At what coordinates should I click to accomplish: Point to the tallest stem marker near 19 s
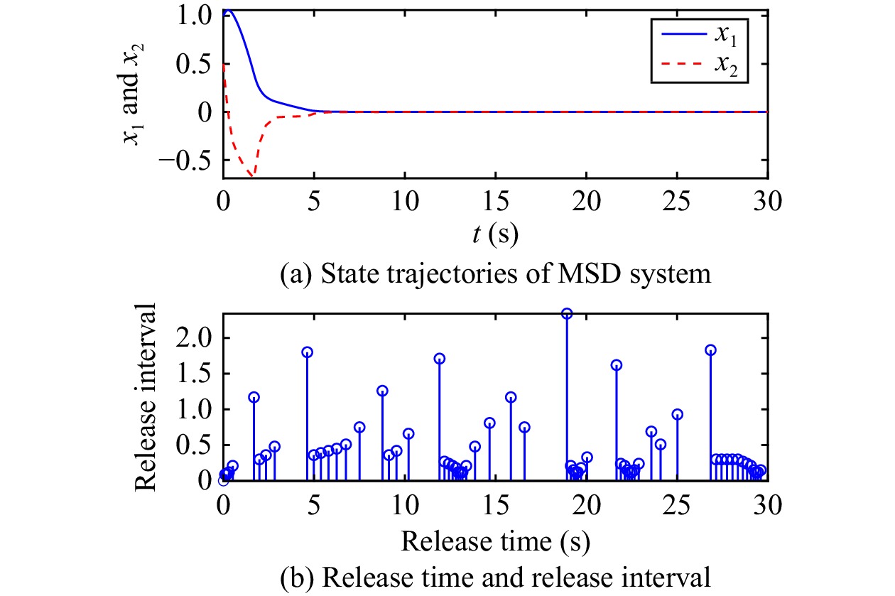(567, 314)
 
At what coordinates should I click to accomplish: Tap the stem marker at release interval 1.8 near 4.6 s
(308, 352)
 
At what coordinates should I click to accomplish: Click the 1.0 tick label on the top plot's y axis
(193, 14)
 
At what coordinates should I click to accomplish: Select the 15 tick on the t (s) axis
(495, 202)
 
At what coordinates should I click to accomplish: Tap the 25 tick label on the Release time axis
(676, 505)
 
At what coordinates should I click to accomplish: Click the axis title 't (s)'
(495, 234)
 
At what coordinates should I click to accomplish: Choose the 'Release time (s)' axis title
(495, 542)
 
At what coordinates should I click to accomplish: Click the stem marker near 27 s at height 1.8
(710, 350)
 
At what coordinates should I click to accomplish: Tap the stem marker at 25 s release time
(677, 414)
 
